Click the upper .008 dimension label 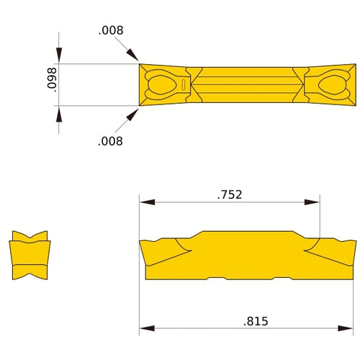[x=111, y=30]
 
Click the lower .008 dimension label [x=110, y=141]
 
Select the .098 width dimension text [x=51, y=84]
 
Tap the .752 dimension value [x=229, y=194]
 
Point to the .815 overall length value [x=255, y=321]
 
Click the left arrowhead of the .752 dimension [x=145, y=202]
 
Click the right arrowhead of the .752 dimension [x=315, y=202]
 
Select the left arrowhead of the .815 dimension [x=145, y=329]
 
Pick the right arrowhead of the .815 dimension [x=351, y=329]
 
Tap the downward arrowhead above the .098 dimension [x=59, y=57]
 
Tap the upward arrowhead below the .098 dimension [x=59, y=112]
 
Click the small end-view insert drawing [x=30, y=255]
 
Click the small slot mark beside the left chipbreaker [x=184, y=85]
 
